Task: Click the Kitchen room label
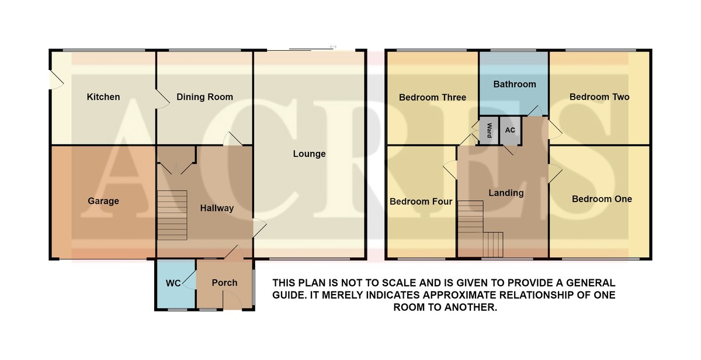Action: (103, 97)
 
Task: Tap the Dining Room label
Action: (204, 97)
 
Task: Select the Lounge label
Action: (309, 154)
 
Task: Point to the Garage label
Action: (103, 201)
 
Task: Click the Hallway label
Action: (217, 208)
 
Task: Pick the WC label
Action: (173, 283)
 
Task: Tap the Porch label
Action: (224, 283)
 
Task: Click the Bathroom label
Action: (515, 84)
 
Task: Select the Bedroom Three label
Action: (432, 98)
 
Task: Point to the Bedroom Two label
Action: (599, 97)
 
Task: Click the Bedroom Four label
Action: (421, 201)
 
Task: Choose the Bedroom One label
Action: (602, 199)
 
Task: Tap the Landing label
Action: (506, 193)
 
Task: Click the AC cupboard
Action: (510, 130)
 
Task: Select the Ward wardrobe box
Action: (488, 130)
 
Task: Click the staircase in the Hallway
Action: (172, 216)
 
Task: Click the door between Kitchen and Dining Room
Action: (162, 99)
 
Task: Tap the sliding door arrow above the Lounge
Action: (333, 47)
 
